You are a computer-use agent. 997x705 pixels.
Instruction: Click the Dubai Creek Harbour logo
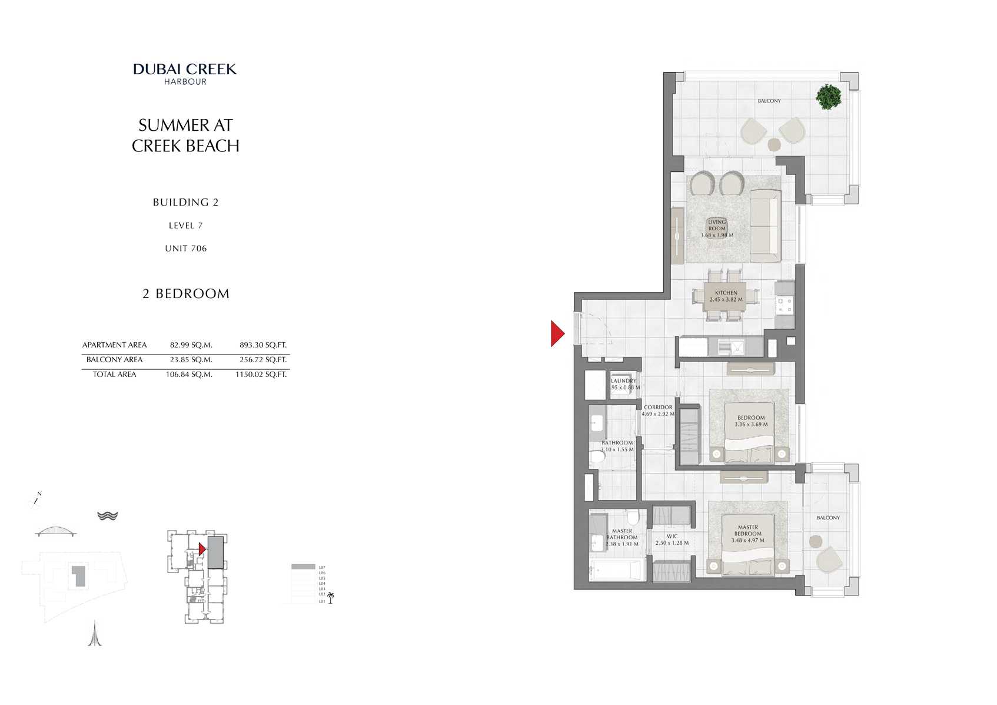coord(185,74)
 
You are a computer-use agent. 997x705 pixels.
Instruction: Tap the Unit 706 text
coord(185,249)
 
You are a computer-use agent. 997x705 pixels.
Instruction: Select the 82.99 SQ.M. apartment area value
coord(191,345)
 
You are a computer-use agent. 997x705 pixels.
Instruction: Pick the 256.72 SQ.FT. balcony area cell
coord(263,360)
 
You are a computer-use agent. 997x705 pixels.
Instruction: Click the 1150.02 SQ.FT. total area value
coord(261,375)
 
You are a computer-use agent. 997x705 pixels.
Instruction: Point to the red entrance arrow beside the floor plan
coord(557,333)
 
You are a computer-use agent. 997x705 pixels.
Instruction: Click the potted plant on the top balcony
coord(829,97)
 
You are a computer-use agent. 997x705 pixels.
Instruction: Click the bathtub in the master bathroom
coord(615,570)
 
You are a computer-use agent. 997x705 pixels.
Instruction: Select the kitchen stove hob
coord(785,304)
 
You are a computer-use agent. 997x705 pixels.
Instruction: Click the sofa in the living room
coord(764,226)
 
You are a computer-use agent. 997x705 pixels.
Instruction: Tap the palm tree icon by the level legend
coord(331,598)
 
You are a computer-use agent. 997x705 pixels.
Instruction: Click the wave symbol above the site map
coord(108,516)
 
